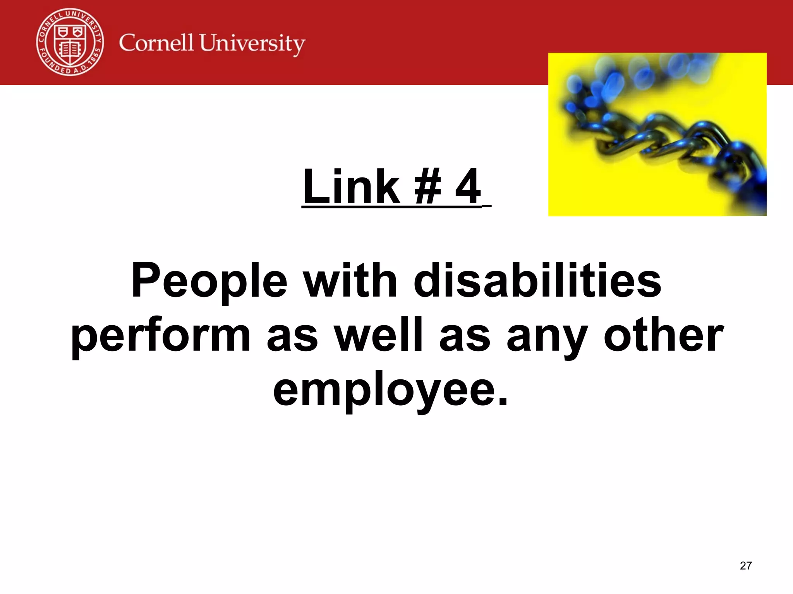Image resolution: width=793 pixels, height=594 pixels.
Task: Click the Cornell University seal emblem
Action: tap(70, 42)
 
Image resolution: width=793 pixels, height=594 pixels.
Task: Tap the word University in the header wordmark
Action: tap(252, 44)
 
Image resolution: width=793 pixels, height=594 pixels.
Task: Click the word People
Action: tap(209, 281)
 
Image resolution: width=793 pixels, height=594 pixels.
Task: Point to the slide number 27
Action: tap(746, 566)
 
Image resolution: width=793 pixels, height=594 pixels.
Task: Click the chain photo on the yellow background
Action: tap(657, 134)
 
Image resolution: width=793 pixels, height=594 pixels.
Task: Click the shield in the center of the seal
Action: tap(70, 44)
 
